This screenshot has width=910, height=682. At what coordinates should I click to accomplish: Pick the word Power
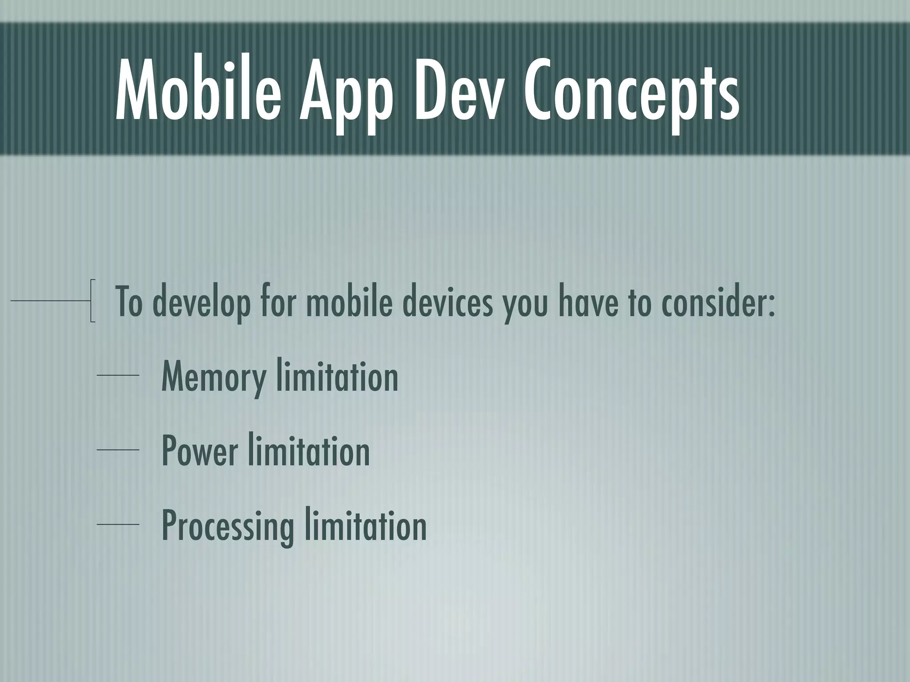tap(200, 451)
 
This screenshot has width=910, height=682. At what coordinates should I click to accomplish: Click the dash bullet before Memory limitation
tap(118, 376)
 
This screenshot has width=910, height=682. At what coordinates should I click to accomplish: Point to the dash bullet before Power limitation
tap(118, 450)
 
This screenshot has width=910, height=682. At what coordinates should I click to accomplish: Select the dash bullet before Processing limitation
tap(118, 524)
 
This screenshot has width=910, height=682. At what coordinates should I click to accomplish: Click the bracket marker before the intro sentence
tap(92, 301)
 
